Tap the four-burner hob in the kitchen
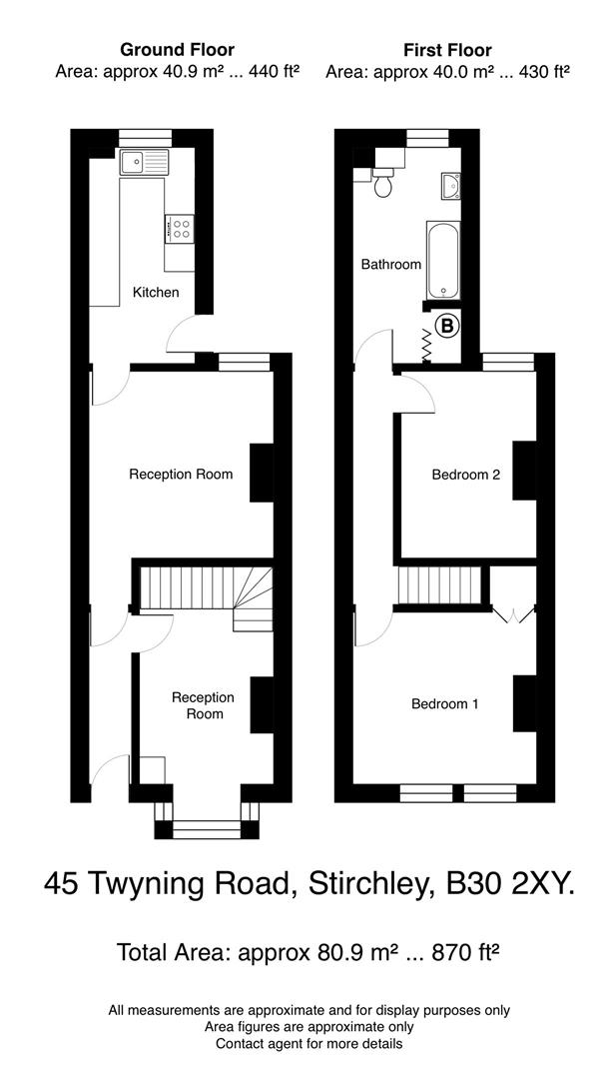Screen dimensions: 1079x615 click(x=180, y=230)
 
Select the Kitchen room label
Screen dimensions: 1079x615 click(x=157, y=293)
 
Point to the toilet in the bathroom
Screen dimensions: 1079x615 click(x=382, y=182)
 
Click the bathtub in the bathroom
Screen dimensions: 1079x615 click(x=442, y=260)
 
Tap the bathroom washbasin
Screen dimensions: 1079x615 click(x=449, y=186)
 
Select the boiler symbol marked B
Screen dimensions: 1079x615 click(x=447, y=325)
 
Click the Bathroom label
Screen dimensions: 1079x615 click(x=391, y=265)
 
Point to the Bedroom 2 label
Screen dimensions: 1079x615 click(x=465, y=475)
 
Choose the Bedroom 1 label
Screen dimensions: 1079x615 click(x=445, y=704)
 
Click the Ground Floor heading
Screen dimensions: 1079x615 click(x=178, y=49)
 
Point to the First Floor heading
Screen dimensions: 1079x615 click(x=447, y=49)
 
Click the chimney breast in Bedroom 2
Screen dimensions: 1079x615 click(x=523, y=470)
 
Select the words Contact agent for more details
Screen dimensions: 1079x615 click(x=309, y=1044)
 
